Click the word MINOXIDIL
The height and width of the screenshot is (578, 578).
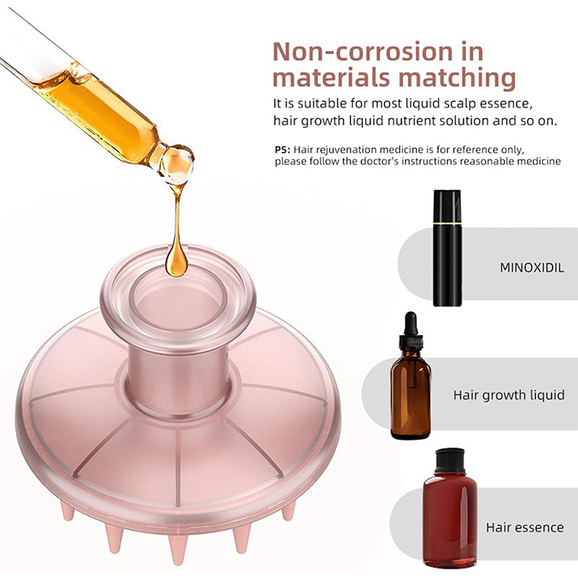(x=532, y=267)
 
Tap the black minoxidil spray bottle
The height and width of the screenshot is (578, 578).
(x=447, y=248)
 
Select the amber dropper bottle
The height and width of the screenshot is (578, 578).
(x=410, y=375)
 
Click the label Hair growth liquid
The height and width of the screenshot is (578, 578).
(x=509, y=395)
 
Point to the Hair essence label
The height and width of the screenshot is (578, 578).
(x=525, y=527)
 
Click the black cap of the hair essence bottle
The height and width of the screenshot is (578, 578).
(x=449, y=461)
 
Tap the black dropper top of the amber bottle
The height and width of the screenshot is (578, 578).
(x=410, y=331)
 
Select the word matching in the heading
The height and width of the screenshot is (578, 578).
(x=457, y=78)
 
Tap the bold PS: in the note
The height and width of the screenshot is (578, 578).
(x=282, y=150)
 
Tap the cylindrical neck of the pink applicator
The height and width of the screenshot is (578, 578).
(x=176, y=372)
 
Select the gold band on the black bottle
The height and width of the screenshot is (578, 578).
(x=447, y=224)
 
